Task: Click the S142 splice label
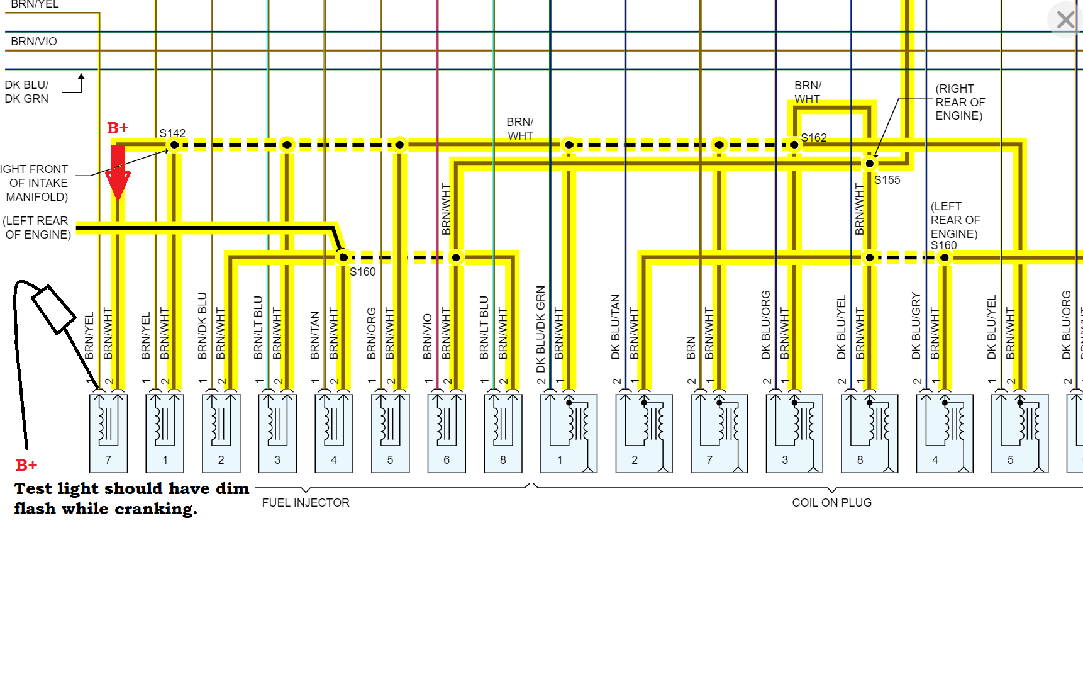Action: pyautogui.click(x=172, y=133)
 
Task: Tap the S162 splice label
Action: pyautogui.click(x=814, y=137)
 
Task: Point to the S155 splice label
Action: pyautogui.click(x=887, y=180)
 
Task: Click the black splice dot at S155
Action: pyautogui.click(x=870, y=164)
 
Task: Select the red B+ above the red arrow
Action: pyautogui.click(x=118, y=128)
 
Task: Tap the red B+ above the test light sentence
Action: pyautogui.click(x=26, y=465)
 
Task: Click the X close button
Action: pyautogui.click(x=1065, y=20)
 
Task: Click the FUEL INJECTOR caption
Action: pyautogui.click(x=306, y=503)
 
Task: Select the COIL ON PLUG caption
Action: pyautogui.click(x=831, y=503)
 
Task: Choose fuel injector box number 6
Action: pyautogui.click(x=447, y=434)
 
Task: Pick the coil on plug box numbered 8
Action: pyautogui.click(x=869, y=434)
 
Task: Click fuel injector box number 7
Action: pyautogui.click(x=108, y=434)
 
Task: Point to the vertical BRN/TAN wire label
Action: pyautogui.click(x=315, y=335)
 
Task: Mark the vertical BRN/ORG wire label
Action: pyautogui.click(x=372, y=334)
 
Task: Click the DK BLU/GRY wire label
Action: pyautogui.click(x=916, y=326)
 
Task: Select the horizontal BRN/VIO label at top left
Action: pyautogui.click(x=34, y=42)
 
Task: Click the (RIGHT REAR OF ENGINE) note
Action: pyautogui.click(x=960, y=102)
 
